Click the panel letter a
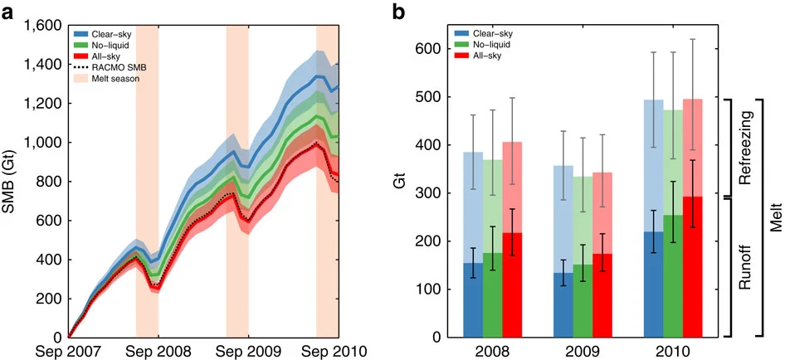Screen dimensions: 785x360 (7, 13)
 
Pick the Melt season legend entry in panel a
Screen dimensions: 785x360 (111, 79)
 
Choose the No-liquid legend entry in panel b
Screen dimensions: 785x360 (484, 45)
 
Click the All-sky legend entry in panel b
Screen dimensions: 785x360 (480, 56)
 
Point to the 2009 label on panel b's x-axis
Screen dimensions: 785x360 (583, 349)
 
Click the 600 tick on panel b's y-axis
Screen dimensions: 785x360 (427, 49)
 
